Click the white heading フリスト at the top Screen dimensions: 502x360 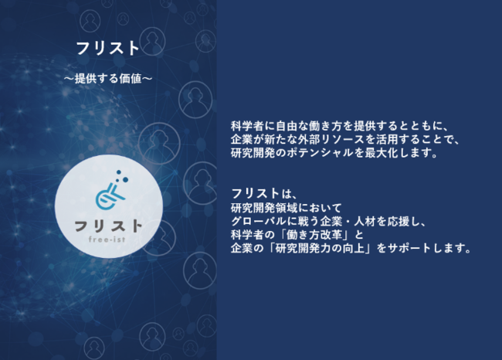click(108, 49)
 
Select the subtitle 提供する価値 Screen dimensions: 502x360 click(108, 79)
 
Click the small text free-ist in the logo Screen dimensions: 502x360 click(107, 239)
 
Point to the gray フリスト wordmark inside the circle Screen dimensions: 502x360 click(108, 226)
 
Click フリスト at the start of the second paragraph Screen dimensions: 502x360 click(256, 193)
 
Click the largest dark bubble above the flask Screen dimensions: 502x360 click(125, 180)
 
